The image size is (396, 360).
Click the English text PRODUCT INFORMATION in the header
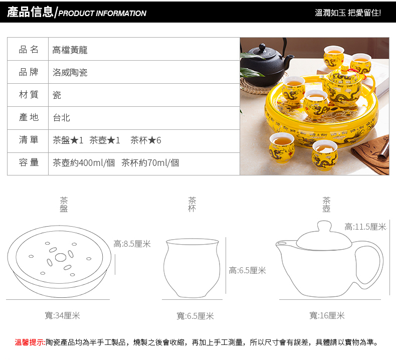[102, 13]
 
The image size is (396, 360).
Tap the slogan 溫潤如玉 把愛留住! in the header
[348, 13]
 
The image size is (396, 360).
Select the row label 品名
[29, 50]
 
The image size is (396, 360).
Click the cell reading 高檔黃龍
[70, 50]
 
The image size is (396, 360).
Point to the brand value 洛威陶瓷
[70, 73]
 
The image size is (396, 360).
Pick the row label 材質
[29, 94]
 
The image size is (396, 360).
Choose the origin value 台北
[61, 117]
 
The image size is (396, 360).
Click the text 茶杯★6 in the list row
[146, 140]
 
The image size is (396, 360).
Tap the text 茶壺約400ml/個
[84, 162]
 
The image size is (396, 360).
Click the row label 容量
[29, 162]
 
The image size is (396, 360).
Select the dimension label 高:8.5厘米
[132, 244]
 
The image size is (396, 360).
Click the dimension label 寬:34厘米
[62, 315]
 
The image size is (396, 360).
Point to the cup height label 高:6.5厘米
[247, 271]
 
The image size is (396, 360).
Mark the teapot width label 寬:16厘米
[327, 315]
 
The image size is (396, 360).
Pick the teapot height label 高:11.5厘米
[365, 227]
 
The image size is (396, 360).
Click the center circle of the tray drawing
[61, 257]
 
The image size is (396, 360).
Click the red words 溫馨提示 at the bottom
[30, 342]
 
